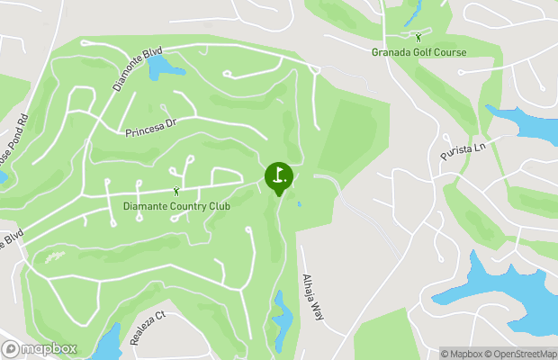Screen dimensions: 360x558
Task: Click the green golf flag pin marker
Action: [279, 176]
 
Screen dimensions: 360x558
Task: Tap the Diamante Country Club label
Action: [176, 207]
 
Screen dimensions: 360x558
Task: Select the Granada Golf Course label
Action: [419, 52]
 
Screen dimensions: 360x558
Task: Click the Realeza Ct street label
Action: [148, 328]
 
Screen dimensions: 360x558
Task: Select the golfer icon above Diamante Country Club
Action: [176, 191]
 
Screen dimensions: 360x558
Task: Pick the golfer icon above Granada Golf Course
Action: [418, 37]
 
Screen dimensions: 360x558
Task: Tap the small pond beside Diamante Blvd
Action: [163, 66]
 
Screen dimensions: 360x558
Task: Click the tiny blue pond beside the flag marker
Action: [299, 203]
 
